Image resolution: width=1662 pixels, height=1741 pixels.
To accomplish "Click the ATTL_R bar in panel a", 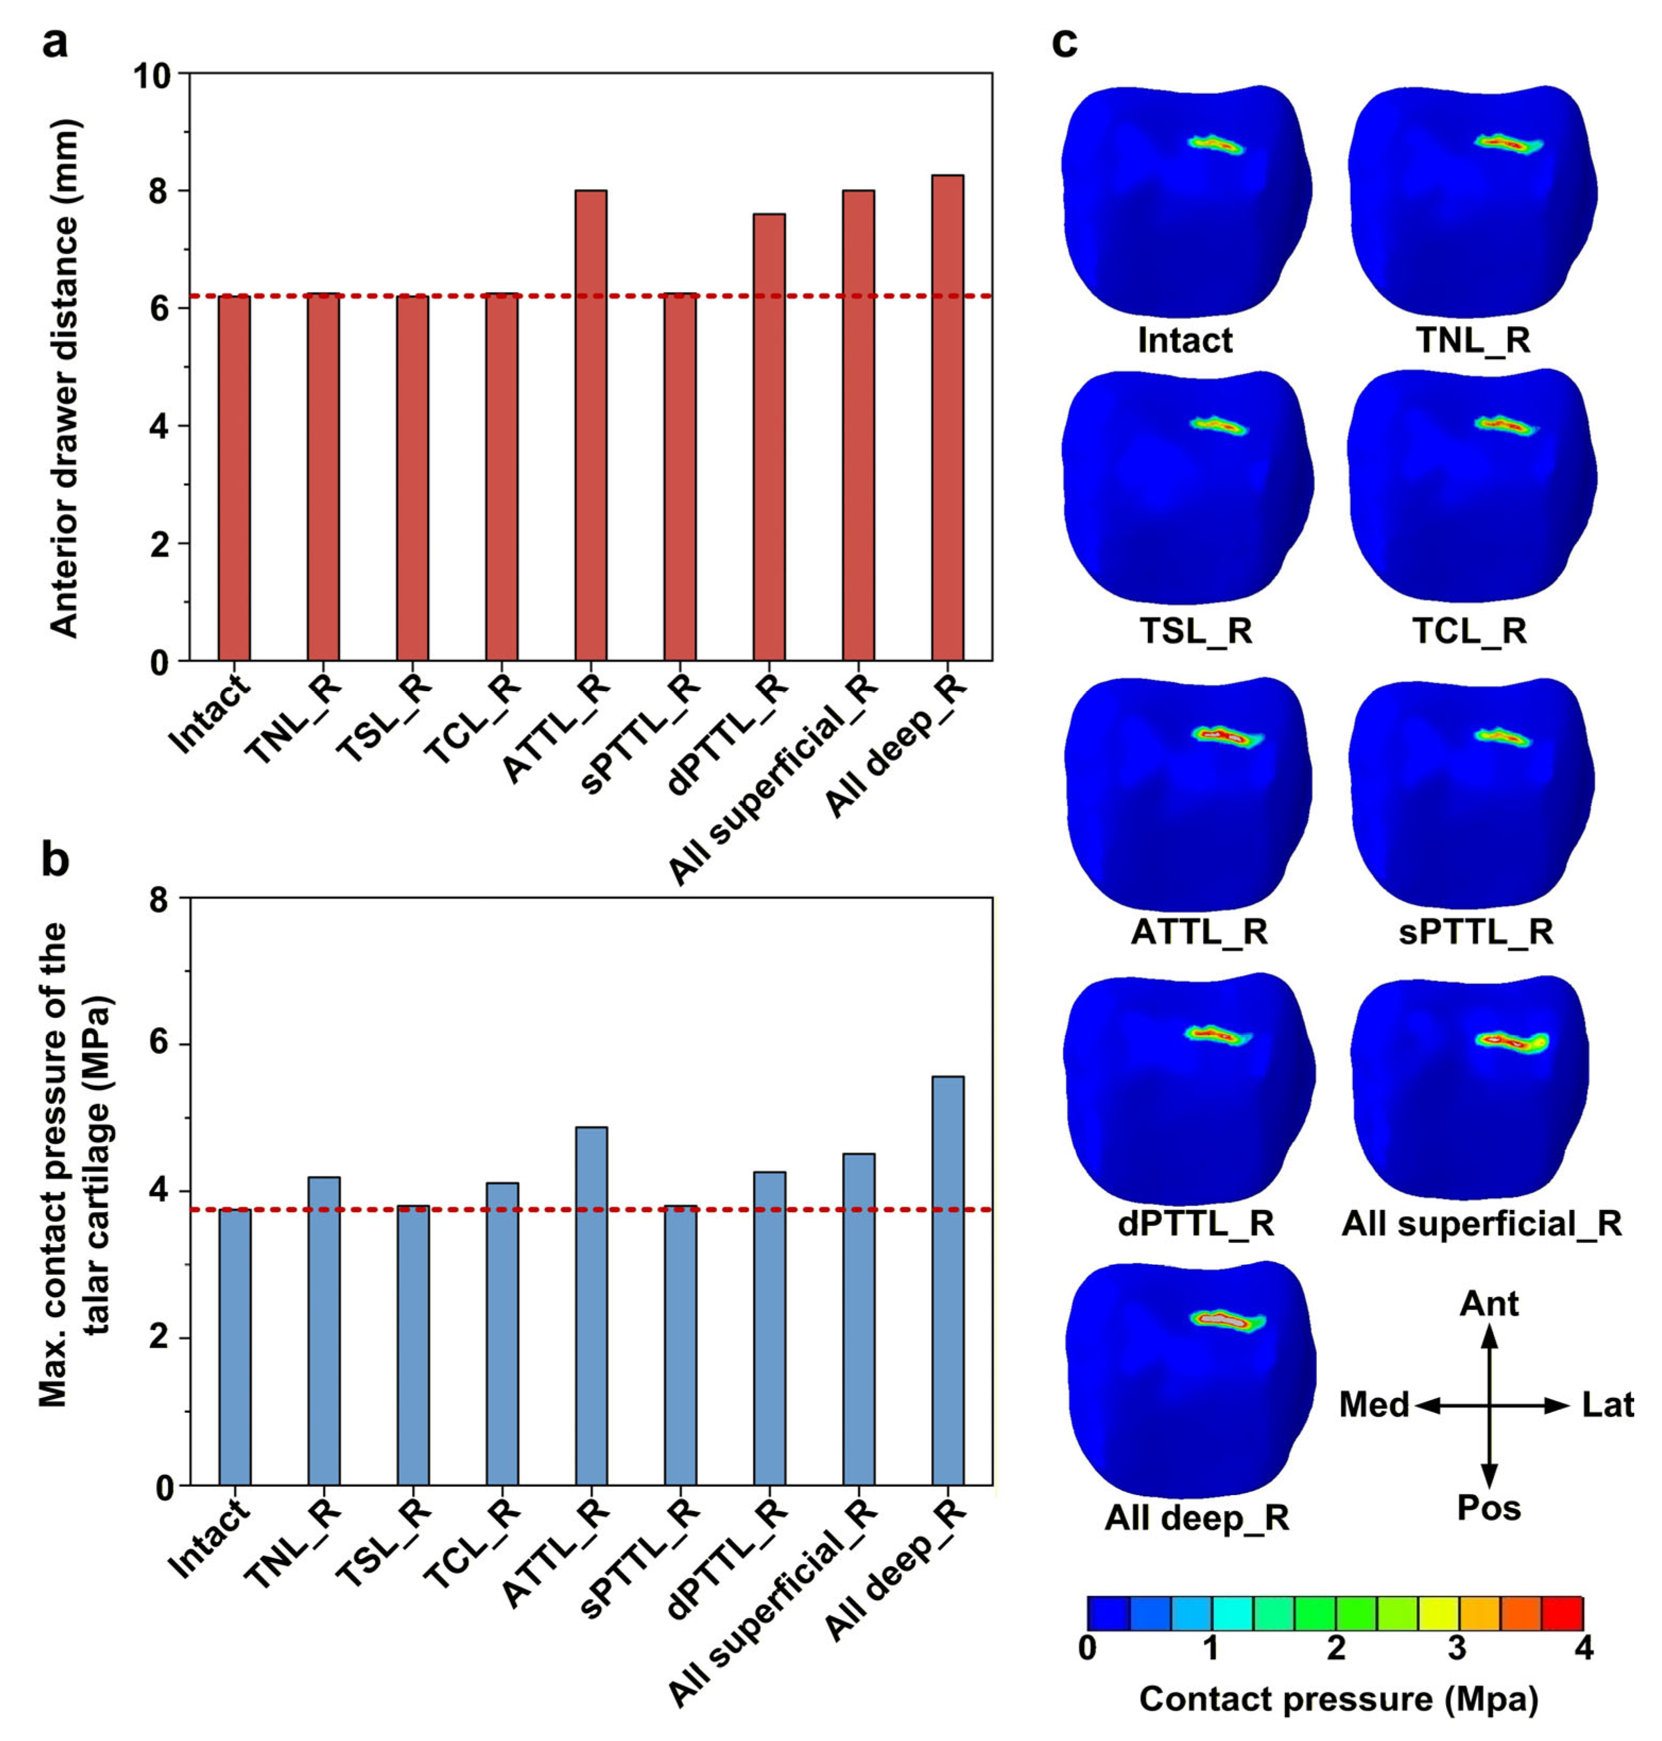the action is click(591, 425).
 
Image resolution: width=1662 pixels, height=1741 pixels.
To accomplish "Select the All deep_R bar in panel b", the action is click(948, 1280).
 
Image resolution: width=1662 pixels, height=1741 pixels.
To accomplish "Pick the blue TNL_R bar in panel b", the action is click(324, 1330).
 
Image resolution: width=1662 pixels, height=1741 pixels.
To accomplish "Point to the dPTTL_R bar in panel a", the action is click(769, 438).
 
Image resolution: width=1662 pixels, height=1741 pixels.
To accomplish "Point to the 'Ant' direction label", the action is click(1489, 1304).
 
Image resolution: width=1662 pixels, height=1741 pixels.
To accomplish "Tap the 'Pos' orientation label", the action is click(1489, 1508).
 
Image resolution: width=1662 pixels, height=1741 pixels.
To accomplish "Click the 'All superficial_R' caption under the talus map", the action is click(1482, 1223).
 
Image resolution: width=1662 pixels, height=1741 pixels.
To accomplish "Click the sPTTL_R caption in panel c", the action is click(1476, 932).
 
